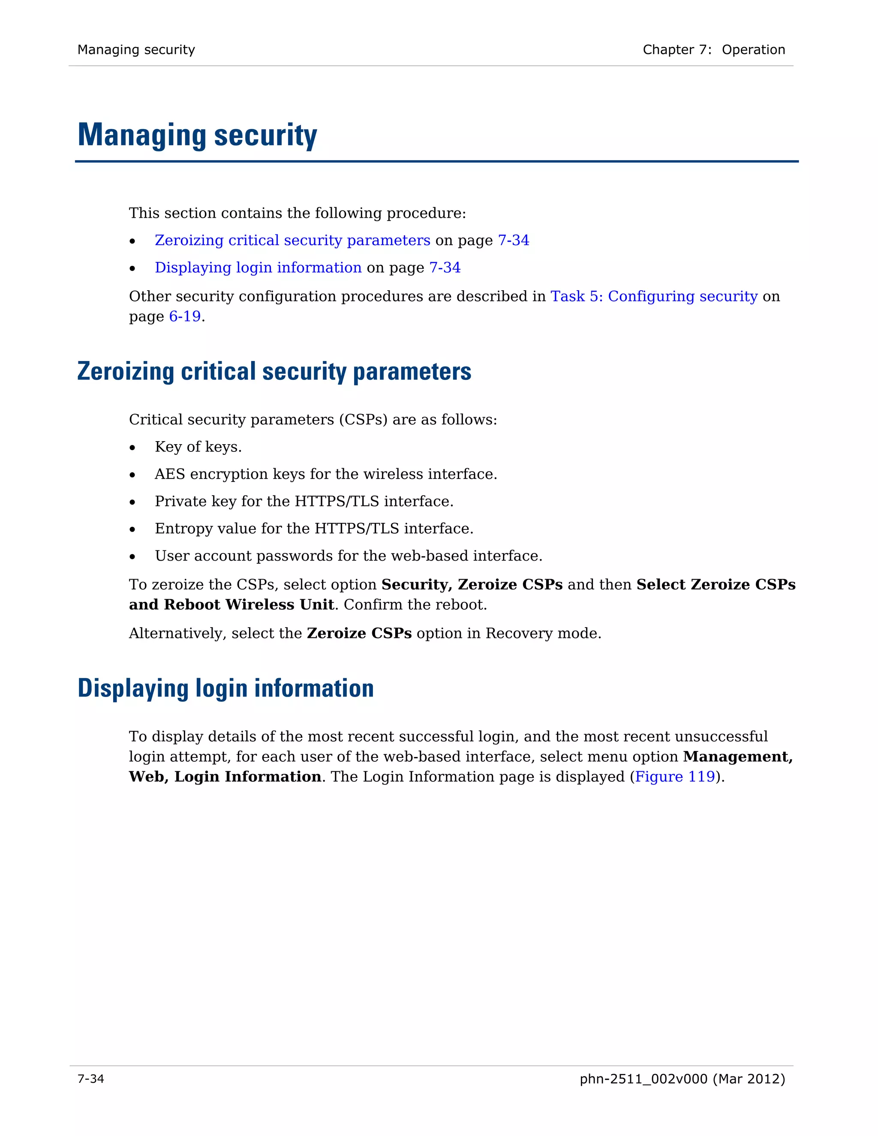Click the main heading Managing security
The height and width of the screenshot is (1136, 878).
[197, 135]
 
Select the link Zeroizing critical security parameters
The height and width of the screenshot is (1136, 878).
[292, 240]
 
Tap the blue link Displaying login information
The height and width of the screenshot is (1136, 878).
[258, 267]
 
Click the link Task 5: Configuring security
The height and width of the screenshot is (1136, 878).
[653, 297]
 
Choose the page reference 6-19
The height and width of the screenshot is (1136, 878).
[185, 316]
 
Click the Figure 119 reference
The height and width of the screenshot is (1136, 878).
[675, 777]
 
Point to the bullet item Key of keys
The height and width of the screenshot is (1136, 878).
[198, 447]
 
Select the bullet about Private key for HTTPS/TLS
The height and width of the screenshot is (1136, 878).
[304, 502]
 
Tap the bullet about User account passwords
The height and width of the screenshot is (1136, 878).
[348, 556]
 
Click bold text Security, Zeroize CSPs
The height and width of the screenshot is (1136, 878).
[472, 585]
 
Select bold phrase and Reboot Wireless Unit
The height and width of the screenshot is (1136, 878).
[231, 605]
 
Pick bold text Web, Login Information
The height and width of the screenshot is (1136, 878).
[225, 777]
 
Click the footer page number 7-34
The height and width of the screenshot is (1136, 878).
[90, 1079]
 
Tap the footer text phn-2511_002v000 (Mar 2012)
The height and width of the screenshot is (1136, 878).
[682, 1079]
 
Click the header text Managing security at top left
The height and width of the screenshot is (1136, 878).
[136, 50]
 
